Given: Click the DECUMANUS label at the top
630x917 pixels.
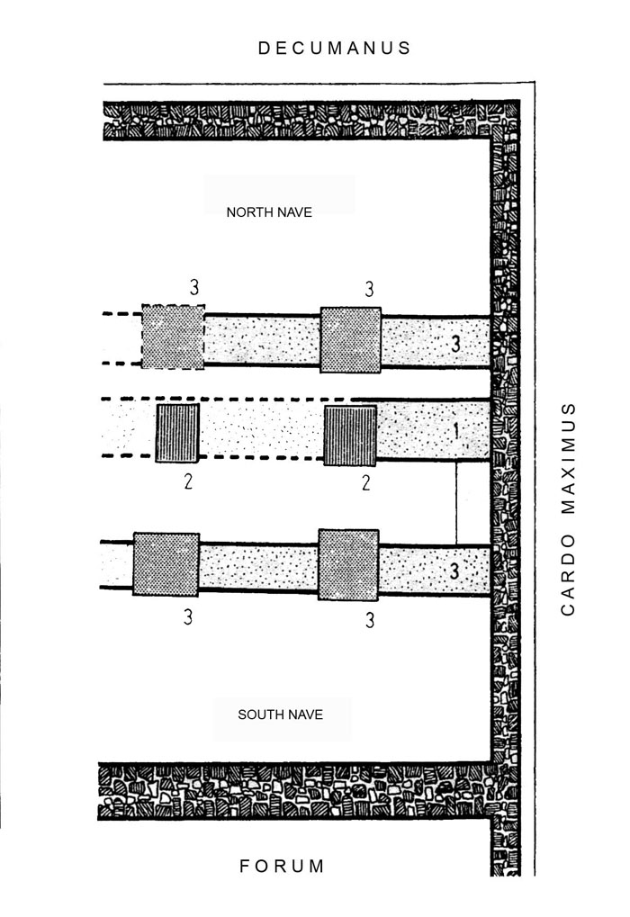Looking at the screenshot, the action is tap(335, 48).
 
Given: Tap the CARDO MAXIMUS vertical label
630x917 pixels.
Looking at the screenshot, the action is tap(568, 508).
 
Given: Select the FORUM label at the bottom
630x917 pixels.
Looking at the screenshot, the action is tap(282, 866).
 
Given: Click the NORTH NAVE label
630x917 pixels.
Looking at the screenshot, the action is tap(269, 212).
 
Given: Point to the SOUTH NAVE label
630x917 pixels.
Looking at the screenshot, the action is tap(280, 715).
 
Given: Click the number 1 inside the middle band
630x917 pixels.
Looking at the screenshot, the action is tap(456, 432).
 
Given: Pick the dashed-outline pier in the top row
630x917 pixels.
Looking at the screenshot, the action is tap(173, 337).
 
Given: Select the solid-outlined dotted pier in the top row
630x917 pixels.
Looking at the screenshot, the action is tap(350, 340).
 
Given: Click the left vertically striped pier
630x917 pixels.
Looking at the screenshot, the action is tap(177, 433).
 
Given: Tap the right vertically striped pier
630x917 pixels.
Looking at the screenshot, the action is tap(350, 436).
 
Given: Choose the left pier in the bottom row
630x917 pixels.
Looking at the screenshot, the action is tap(166, 564).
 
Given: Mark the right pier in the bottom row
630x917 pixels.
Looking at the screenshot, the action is tap(348, 565).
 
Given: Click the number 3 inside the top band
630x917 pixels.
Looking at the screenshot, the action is tap(455, 343).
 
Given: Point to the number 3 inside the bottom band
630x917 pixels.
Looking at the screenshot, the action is tap(454, 571).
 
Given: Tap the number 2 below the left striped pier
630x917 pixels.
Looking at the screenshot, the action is tap(188, 481).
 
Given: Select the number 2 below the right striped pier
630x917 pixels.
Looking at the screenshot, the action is tap(366, 483).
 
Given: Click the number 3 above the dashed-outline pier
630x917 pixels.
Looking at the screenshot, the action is tap(194, 287).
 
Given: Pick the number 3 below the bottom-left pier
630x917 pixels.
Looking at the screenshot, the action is tap(188, 617).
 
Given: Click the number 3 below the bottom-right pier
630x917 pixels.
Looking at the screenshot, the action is tap(370, 620).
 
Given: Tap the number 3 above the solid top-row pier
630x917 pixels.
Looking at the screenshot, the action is tap(369, 289).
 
